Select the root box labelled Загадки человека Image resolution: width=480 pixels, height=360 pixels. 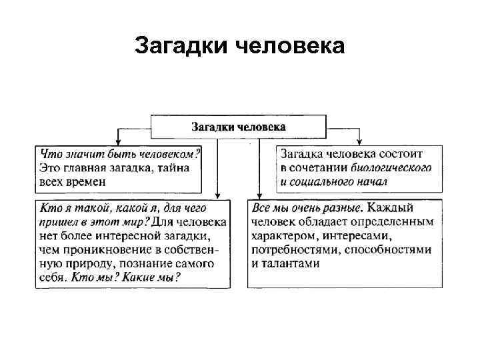click(239, 126)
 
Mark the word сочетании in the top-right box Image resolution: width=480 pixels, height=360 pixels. click(318, 167)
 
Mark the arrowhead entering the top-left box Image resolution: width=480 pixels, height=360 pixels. click(117, 141)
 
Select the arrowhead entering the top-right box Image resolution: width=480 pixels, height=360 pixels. click(359, 141)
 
